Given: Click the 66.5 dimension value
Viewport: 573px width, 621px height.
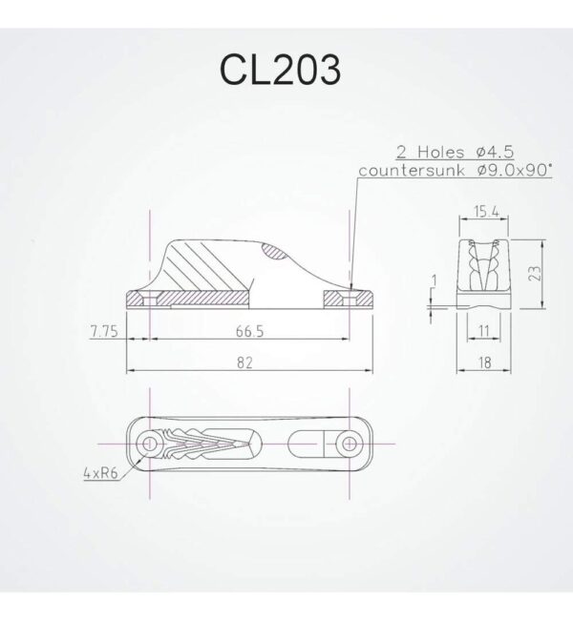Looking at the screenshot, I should pos(248,333).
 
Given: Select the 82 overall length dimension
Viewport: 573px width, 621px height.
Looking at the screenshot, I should pos(248,363).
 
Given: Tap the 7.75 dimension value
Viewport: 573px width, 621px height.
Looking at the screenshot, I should pos(102,333).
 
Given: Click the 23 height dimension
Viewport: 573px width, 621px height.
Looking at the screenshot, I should pos(540,270).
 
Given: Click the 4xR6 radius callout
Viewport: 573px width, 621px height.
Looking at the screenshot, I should pos(99,470).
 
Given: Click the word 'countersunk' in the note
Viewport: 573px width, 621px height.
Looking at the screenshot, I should pos(400,169).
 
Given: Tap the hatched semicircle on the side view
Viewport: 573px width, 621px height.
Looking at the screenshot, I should pos(276,253).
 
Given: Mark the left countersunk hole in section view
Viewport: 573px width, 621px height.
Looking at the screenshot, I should pos(149,298).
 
